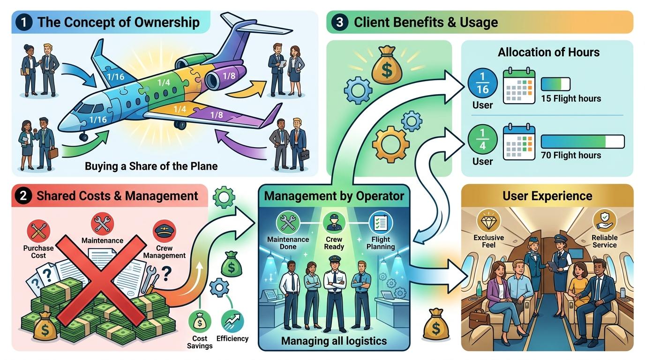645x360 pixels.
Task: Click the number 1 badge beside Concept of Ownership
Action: click(23, 22)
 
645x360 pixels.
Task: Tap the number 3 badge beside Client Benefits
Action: click(339, 22)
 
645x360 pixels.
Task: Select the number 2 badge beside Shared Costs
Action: click(23, 196)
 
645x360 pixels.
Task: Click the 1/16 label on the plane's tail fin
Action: click(115, 76)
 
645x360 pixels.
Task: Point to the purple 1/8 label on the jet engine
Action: click(229, 76)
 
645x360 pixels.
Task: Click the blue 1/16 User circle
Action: click(483, 83)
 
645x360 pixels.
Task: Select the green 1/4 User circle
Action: click(483, 140)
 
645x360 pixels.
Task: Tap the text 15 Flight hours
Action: click(571, 98)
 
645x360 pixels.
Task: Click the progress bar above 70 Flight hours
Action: click(583, 142)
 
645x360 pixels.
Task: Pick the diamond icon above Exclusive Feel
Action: click(488, 221)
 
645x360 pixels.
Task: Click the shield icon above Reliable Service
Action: click(604, 221)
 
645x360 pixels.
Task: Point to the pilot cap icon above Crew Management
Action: click(165, 231)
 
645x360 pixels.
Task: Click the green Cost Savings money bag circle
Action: click(200, 322)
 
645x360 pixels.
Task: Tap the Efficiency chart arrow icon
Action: click(232, 322)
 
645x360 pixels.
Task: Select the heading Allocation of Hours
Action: click(549, 52)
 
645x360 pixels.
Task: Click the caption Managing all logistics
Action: click(334, 341)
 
